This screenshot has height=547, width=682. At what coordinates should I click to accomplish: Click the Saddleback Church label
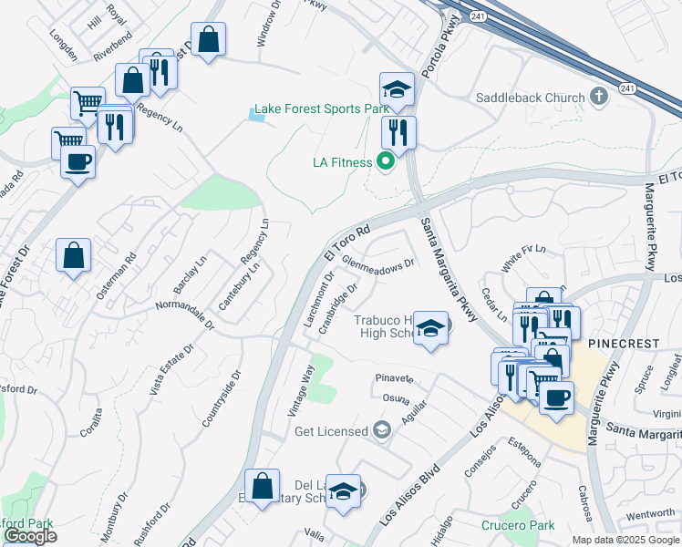(x=530, y=98)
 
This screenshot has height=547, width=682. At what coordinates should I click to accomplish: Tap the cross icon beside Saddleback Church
(x=599, y=97)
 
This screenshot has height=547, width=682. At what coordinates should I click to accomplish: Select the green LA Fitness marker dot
(x=385, y=163)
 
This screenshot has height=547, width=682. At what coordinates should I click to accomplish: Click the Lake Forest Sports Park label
(x=321, y=109)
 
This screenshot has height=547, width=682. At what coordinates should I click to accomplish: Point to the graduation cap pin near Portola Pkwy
(x=397, y=90)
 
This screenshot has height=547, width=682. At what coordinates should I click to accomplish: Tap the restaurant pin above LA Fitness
(x=398, y=133)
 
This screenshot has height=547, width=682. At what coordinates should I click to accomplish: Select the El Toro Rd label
(x=346, y=243)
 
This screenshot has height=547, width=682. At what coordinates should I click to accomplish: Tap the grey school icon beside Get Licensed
(x=381, y=430)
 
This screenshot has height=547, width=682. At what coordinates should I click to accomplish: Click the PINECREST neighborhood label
(x=623, y=343)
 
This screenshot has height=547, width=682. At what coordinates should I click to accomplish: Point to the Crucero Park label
(x=517, y=526)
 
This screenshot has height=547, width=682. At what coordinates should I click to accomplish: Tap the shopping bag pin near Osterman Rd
(x=73, y=257)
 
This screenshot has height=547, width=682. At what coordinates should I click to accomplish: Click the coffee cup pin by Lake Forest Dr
(x=77, y=163)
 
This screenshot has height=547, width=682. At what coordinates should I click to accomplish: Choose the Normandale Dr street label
(x=184, y=314)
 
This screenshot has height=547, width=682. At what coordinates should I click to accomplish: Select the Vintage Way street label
(x=302, y=391)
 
